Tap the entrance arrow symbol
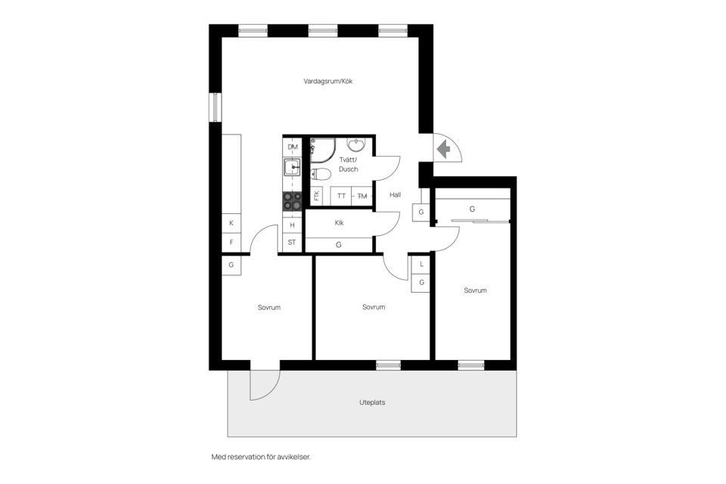445,149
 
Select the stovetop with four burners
292,201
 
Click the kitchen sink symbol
292,166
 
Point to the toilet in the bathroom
321,175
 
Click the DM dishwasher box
292,147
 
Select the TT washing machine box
341,196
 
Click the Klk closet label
339,223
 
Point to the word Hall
395,195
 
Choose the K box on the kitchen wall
231,224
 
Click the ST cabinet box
292,243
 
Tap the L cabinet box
421,264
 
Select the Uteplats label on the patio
372,402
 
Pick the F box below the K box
231,243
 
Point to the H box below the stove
292,225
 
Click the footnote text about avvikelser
261,458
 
